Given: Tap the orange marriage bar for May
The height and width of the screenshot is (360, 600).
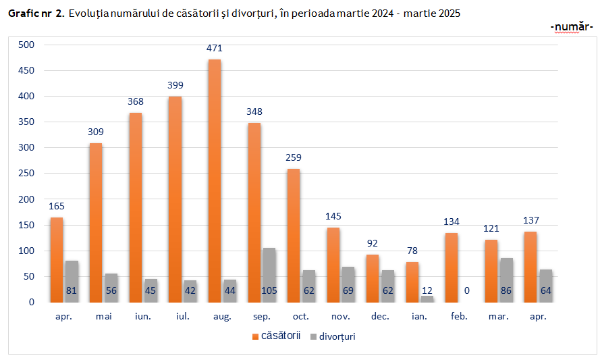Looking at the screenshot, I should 96,223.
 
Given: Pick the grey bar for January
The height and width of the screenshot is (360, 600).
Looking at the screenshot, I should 427,299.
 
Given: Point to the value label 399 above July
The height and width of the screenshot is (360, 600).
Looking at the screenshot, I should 175,85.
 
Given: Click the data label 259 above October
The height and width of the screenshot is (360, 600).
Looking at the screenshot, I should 294,157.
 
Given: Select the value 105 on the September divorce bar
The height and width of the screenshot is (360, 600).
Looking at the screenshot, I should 269,291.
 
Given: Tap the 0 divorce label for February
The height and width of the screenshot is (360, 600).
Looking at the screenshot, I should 467,291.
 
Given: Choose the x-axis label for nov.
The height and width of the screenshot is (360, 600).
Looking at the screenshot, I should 340,315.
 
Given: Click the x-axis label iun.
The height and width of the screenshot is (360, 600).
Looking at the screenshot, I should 142,315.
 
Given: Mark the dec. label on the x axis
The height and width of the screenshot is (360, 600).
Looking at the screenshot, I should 380,315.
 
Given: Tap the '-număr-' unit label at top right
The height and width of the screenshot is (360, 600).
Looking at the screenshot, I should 572,26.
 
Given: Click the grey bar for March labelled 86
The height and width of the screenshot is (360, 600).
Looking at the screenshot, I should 507,280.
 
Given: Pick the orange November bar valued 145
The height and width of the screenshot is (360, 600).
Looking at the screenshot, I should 333,265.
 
